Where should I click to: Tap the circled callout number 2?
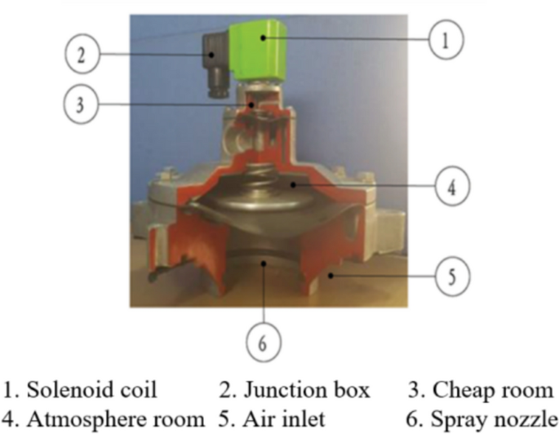(x=81, y=55)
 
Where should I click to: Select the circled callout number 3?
(x=81, y=104)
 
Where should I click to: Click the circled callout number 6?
(x=262, y=343)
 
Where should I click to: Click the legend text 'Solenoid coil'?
(x=90, y=390)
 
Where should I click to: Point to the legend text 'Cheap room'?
(x=483, y=390)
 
